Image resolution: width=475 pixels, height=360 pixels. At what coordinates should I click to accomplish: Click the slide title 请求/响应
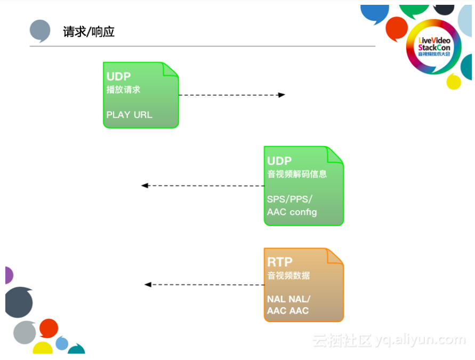pyautogui.click(x=89, y=32)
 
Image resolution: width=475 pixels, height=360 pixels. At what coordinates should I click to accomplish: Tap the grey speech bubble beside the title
pyautogui.click(x=40, y=30)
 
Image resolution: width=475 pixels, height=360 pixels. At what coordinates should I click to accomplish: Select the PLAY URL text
pyautogui.click(x=129, y=115)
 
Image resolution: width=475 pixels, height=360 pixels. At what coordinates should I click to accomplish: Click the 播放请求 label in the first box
pyautogui.click(x=123, y=90)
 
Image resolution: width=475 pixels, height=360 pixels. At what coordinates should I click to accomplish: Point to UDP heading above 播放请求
pyautogui.click(x=118, y=76)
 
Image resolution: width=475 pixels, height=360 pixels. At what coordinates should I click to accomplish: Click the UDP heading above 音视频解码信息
pyautogui.click(x=279, y=161)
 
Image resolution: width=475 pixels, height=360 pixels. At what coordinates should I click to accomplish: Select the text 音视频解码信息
pyautogui.click(x=296, y=174)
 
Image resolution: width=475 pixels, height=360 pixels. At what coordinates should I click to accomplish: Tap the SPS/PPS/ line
pyautogui.click(x=289, y=199)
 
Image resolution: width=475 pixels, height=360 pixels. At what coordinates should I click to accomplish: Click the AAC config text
pyautogui.click(x=292, y=212)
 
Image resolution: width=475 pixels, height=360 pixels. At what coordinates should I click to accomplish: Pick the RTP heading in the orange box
pyautogui.click(x=279, y=262)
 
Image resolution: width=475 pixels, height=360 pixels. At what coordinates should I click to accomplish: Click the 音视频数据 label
pyautogui.click(x=288, y=276)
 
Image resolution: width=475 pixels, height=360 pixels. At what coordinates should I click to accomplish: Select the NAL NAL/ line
pyautogui.click(x=288, y=299)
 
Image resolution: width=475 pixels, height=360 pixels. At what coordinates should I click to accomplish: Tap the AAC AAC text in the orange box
pyautogui.click(x=287, y=311)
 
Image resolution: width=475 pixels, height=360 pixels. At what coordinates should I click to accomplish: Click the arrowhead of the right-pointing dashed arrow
pyautogui.click(x=282, y=95)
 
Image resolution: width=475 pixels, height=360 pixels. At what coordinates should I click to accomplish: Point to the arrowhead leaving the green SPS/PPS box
pyautogui.click(x=144, y=186)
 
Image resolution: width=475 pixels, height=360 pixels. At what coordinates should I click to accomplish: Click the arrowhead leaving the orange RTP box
pyautogui.click(x=148, y=285)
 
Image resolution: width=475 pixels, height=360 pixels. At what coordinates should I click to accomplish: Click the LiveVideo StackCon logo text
pyautogui.click(x=434, y=46)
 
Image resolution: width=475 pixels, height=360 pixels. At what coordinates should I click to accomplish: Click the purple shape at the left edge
pyautogui.click(x=8, y=275)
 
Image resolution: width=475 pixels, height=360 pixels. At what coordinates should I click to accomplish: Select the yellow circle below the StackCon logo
pyautogui.click(x=453, y=82)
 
